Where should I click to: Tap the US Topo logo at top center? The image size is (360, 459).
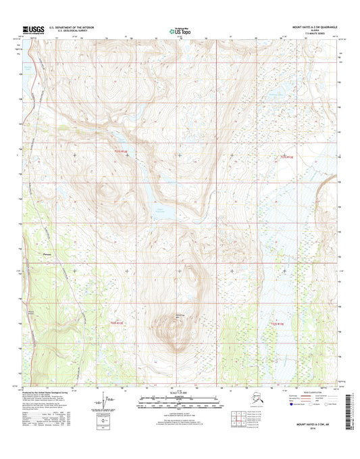tap(179, 30)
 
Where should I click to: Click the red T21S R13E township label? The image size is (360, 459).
tap(289, 157)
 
